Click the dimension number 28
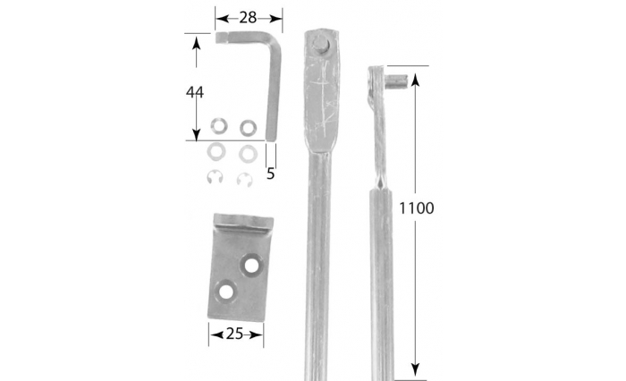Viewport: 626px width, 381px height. point(248,18)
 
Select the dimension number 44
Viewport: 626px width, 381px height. point(195,92)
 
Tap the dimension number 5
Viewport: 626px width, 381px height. point(271,174)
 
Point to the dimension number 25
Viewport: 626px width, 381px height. point(234,334)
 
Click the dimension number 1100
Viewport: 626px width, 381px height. point(417,208)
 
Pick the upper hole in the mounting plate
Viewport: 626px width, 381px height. point(250,265)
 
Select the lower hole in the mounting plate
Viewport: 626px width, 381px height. point(225,292)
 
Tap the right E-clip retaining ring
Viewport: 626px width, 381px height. point(244,179)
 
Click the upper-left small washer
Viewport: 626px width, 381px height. point(219,126)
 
